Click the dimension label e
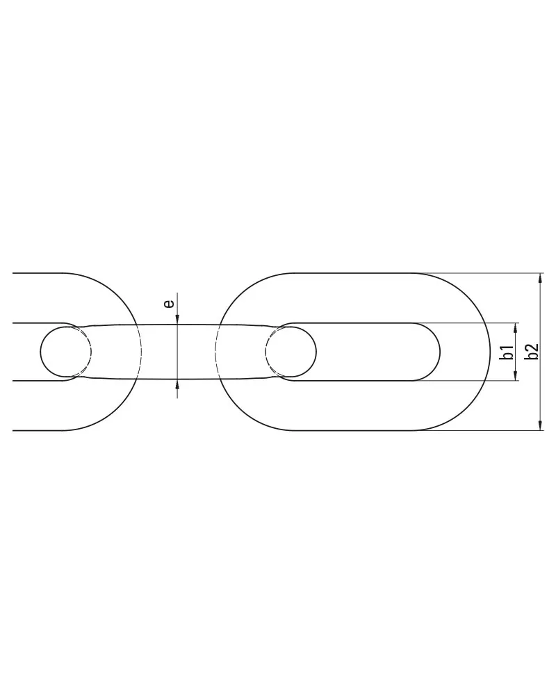167,303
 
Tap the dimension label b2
532,352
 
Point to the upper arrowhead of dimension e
178,318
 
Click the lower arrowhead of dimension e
178,385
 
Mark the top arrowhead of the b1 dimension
516,327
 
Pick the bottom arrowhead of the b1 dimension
516,376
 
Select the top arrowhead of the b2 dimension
541,278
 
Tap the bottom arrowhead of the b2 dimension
541,425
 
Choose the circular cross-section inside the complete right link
291,352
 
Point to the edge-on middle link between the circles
178,352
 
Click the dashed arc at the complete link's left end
218,352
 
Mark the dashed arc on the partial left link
140,352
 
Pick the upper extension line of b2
486,273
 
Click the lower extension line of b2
486,430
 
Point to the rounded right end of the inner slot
438,352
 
